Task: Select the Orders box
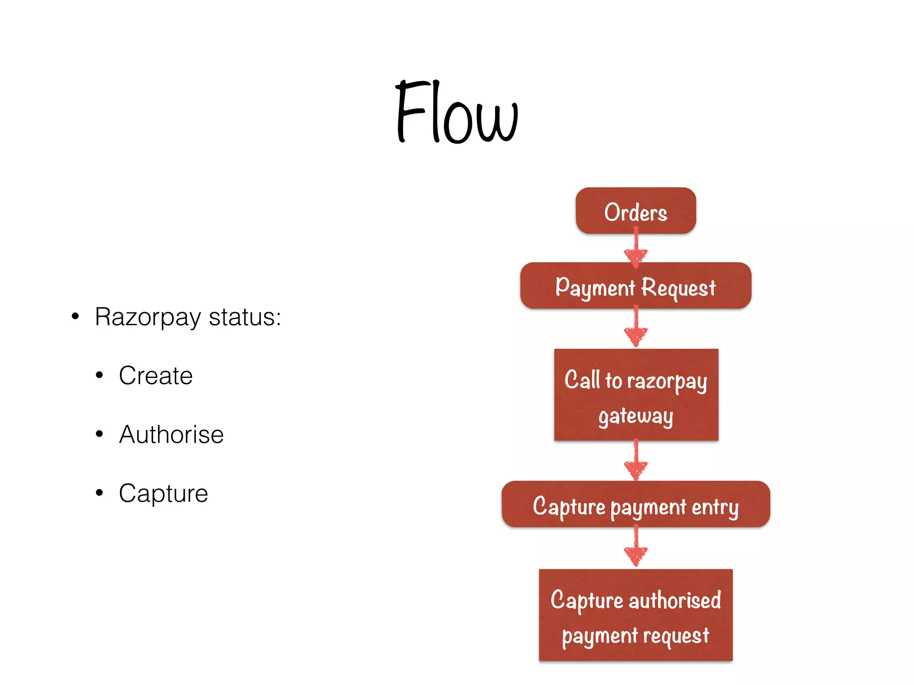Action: coord(636,211)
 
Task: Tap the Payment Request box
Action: coord(636,286)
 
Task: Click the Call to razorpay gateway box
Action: coord(636,395)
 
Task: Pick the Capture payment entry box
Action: coord(636,504)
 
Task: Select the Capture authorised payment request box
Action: coord(636,615)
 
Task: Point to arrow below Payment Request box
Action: coord(636,328)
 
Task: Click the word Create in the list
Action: coord(156,376)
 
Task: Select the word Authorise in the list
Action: coord(171,434)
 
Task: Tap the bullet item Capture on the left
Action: coord(163,493)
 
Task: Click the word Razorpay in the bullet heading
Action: coord(148,318)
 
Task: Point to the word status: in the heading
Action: coord(245,317)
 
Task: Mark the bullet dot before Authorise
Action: coord(99,433)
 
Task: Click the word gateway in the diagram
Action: coord(636,416)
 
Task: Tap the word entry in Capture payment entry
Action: coord(715,507)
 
